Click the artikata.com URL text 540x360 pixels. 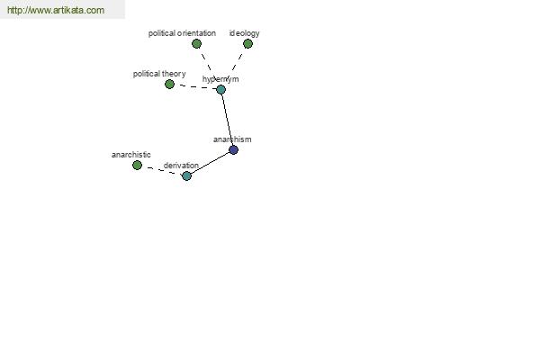pyautogui.click(x=56, y=10)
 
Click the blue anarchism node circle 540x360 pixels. pyautogui.click(x=233, y=150)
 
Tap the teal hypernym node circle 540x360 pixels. pyautogui.click(x=221, y=90)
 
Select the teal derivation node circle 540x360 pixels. pyautogui.click(x=186, y=176)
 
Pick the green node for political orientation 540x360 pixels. pyautogui.click(x=196, y=44)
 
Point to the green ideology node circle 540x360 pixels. pyautogui.click(x=248, y=44)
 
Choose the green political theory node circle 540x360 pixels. pyautogui.click(x=169, y=84)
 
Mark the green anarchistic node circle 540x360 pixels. pyautogui.click(x=137, y=166)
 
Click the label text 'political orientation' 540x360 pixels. pyautogui.click(x=182, y=33)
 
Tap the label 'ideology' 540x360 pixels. pyautogui.click(x=245, y=33)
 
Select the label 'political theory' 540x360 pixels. pyautogui.click(x=159, y=74)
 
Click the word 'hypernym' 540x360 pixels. pyautogui.click(x=220, y=79)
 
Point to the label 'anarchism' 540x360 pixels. pyautogui.click(x=232, y=139)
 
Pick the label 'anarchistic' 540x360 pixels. pyautogui.click(x=131, y=155)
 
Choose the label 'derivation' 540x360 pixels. pyautogui.click(x=181, y=166)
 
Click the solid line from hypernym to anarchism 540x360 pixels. pyautogui.click(x=228, y=120)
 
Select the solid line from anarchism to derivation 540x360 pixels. pyautogui.click(x=210, y=163)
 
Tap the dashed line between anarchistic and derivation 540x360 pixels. pyautogui.click(x=162, y=171)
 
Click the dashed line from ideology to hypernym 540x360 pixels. pyautogui.click(x=235, y=67)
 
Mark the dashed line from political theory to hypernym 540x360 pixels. pyautogui.click(x=195, y=87)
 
